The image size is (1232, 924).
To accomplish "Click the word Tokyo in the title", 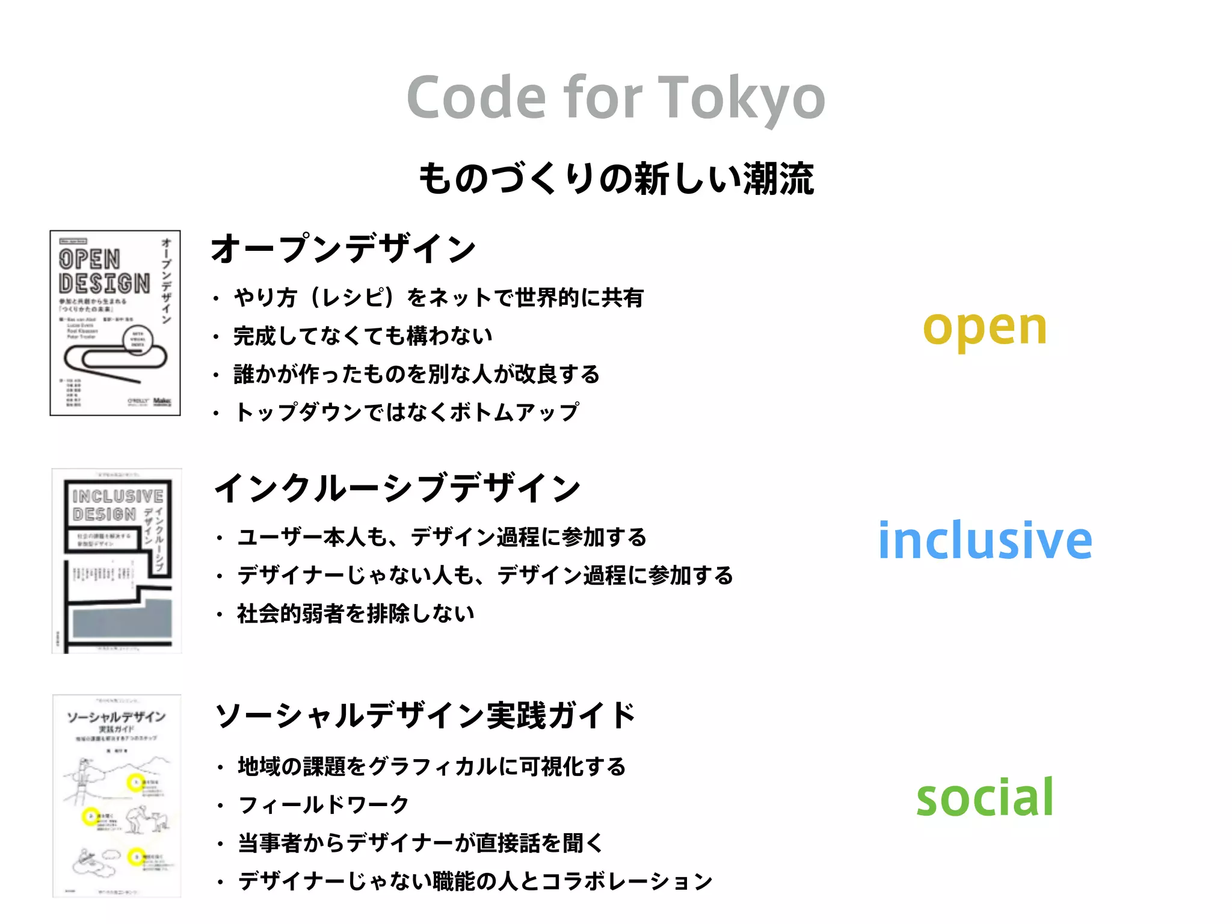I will pyautogui.click(x=743, y=98).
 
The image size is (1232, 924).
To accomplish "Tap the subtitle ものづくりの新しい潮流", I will pyautogui.click(x=616, y=179).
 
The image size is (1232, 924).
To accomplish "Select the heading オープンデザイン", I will pyautogui.click(x=343, y=248).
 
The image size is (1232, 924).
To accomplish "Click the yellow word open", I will pyautogui.click(x=985, y=328).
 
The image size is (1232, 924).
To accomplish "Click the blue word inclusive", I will pyautogui.click(x=985, y=540).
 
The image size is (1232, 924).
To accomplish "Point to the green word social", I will pyautogui.click(x=985, y=797).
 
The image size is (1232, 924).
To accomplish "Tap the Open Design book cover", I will pyautogui.click(x=115, y=323).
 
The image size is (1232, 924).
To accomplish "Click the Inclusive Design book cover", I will pyautogui.click(x=117, y=561).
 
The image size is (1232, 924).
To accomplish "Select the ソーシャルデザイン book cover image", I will pyautogui.click(x=117, y=795).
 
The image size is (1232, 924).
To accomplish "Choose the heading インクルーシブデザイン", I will pyautogui.click(x=398, y=488).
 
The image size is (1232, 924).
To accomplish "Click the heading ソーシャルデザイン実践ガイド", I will pyautogui.click(x=425, y=715).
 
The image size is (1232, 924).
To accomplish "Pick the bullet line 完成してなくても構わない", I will pyautogui.click(x=363, y=336).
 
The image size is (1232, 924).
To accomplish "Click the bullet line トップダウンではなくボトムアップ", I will pyautogui.click(x=407, y=412).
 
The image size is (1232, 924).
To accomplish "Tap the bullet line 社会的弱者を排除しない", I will pyautogui.click(x=356, y=614).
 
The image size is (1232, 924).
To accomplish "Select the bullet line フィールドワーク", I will pyautogui.click(x=324, y=805).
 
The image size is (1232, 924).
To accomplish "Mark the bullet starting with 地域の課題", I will pyautogui.click(x=431, y=766).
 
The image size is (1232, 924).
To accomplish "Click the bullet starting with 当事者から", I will pyautogui.click(x=420, y=843).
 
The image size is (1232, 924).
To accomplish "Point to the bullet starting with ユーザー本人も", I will pyautogui.click(x=442, y=537).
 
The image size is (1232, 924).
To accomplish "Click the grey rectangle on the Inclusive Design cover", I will pyautogui.click(x=122, y=620).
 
